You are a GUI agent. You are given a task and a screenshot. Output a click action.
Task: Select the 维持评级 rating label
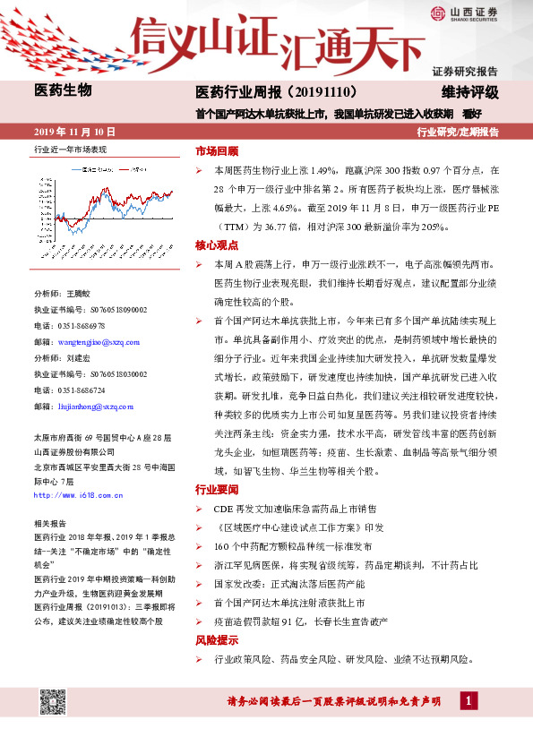(x=469, y=92)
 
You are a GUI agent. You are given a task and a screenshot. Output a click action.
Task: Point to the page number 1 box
(x=469, y=699)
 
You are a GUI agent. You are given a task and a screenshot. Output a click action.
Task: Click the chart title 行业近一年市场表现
(x=69, y=150)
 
